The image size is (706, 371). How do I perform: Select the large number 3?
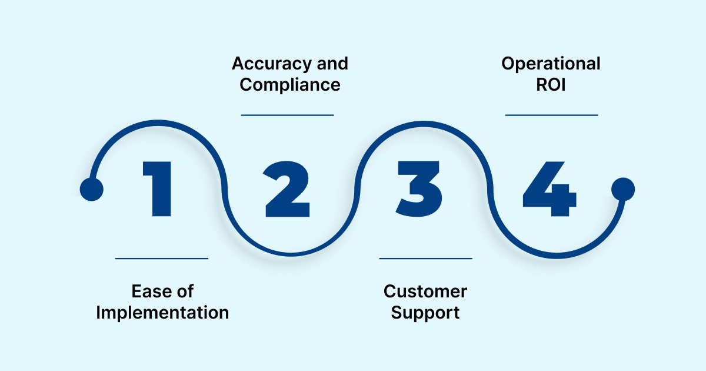click(419, 188)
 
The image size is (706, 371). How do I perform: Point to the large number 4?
click(548, 188)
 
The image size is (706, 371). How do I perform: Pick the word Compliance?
click(290, 85)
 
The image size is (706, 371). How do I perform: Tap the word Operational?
click(551, 64)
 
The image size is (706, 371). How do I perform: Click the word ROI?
click(551, 85)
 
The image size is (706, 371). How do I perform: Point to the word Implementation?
click(162, 312)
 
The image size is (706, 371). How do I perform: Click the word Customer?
click(425, 291)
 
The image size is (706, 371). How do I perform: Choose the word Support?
click(425, 312)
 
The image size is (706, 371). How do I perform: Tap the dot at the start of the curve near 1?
click(91, 190)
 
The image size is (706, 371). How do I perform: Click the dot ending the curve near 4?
click(623, 190)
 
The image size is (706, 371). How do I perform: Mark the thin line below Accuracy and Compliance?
click(288, 115)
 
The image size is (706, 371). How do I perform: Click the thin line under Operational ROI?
click(551, 115)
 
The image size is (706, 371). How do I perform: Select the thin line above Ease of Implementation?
click(162, 258)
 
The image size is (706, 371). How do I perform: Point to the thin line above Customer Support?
click(425, 258)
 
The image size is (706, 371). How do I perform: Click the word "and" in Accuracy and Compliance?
click(335, 64)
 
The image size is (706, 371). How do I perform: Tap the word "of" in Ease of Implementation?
click(185, 291)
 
